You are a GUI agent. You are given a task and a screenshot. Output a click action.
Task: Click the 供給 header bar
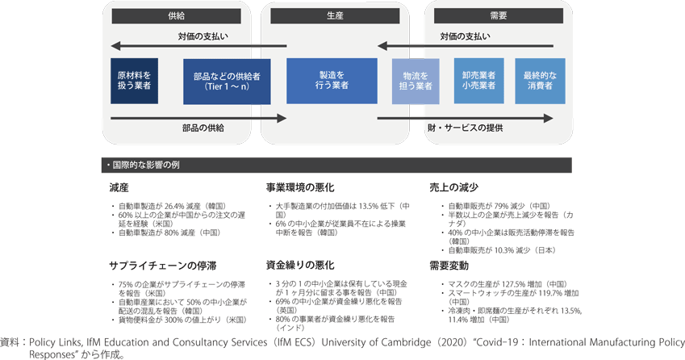point(175,15)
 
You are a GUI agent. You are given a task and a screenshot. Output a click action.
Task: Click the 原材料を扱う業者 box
point(134,80)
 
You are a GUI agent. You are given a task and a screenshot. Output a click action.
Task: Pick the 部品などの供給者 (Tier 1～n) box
point(227,81)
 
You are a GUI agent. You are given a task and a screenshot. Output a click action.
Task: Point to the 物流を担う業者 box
point(416,81)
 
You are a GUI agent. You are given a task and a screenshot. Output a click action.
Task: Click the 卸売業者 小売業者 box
point(479,80)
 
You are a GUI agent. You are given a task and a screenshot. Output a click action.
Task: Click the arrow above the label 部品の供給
point(198,118)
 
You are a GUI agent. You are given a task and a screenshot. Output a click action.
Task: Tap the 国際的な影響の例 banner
point(336,165)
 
